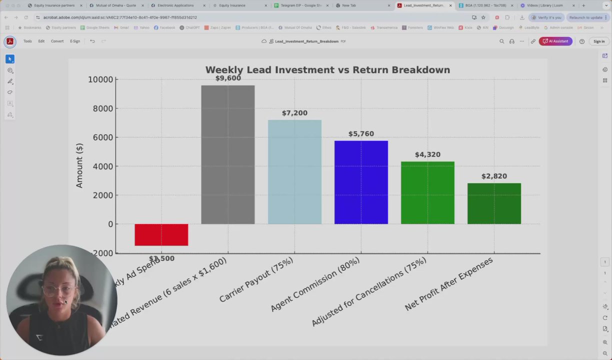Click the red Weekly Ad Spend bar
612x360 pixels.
[161, 235]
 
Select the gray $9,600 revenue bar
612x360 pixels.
[227, 155]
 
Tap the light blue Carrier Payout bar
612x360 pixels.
[294, 172]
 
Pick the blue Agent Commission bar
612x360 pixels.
[361, 182]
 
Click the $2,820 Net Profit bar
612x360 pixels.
[494, 203]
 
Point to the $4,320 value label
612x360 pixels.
[427, 154]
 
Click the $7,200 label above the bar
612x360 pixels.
[294, 113]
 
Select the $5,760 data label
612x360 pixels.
[361, 133]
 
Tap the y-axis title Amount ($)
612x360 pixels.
[79, 165]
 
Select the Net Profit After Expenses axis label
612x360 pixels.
[448, 283]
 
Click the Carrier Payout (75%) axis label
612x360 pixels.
[256, 280]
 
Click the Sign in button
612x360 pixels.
[598, 41]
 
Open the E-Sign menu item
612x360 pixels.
[75, 41]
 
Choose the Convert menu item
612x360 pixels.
[57, 41]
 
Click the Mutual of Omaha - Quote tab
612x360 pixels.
[115, 5]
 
